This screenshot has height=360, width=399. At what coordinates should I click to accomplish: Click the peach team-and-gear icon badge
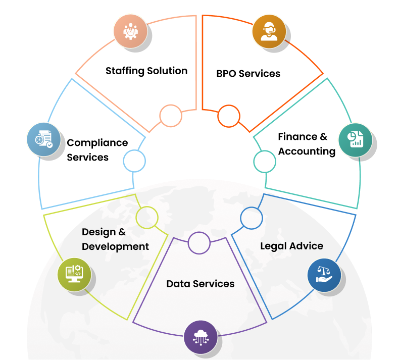(130, 31)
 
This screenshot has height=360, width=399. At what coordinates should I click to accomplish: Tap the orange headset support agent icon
(269, 31)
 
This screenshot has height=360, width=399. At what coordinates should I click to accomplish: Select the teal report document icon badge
(355, 139)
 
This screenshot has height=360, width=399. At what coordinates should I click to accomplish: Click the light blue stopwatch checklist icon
(44, 139)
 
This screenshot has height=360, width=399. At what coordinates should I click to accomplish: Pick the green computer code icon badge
(74, 275)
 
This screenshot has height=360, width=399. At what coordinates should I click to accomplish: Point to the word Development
(115, 246)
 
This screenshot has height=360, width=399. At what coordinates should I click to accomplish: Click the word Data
(178, 284)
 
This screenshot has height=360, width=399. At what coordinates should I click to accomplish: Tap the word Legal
(273, 246)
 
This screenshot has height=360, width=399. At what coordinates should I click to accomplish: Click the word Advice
(307, 246)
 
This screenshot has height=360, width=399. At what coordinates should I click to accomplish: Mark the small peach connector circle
(171, 116)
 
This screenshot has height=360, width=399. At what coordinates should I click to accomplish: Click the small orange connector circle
(228, 116)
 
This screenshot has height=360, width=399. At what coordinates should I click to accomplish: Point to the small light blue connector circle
(134, 161)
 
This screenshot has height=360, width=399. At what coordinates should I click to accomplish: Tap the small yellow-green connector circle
(147, 218)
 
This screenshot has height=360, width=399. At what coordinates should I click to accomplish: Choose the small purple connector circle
(199, 243)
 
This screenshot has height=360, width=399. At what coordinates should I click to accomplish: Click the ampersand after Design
(122, 232)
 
